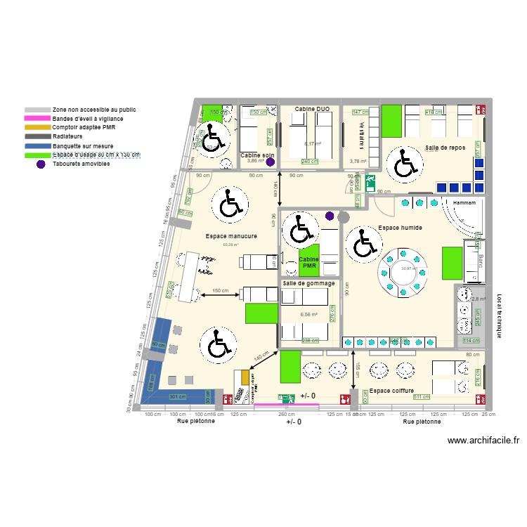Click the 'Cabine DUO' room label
coord(313,110)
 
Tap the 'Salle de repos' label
coord(445,148)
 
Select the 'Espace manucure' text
coord(231,237)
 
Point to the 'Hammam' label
coord(464,202)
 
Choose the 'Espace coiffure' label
coord(391,391)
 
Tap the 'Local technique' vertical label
coord(499,315)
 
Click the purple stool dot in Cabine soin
coord(269,161)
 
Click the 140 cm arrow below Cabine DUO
coord(279,189)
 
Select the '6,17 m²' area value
coord(313,144)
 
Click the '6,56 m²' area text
coord(308,315)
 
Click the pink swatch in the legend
coord(37,119)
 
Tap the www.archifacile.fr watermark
coord(483,441)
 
